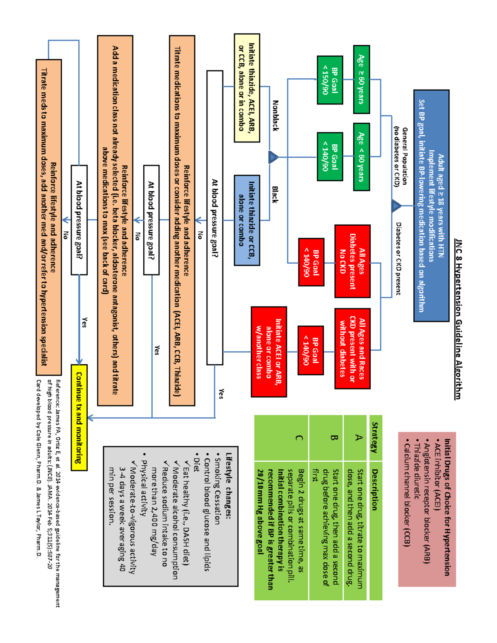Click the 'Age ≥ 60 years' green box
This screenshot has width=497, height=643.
pyautogui.click(x=361, y=79)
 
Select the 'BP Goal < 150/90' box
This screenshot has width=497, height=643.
pyautogui.click(x=330, y=80)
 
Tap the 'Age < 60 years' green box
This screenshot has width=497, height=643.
pyautogui.click(x=361, y=157)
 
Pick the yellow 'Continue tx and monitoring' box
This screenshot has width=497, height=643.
pyautogui.click(x=79, y=417)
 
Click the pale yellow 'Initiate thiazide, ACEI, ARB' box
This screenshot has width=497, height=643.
pyautogui.click(x=247, y=88)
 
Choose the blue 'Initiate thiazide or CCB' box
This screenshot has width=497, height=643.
pyautogui.click(x=247, y=220)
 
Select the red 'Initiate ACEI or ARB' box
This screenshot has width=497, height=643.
pyautogui.click(x=269, y=352)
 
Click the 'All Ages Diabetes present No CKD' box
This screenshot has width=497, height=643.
pyautogui.click(x=352, y=261)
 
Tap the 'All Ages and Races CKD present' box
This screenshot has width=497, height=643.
pyautogui.click(x=352, y=348)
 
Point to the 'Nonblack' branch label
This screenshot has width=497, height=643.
pyautogui.click(x=275, y=116)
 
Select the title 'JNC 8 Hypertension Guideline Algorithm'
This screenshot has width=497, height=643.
pyautogui.click(x=458, y=319)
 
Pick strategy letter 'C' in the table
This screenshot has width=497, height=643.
pyautogui.click(x=299, y=438)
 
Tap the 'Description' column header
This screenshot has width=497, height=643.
pyautogui.click(x=374, y=489)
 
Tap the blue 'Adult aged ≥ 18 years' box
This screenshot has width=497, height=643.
pyautogui.click(x=431, y=205)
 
